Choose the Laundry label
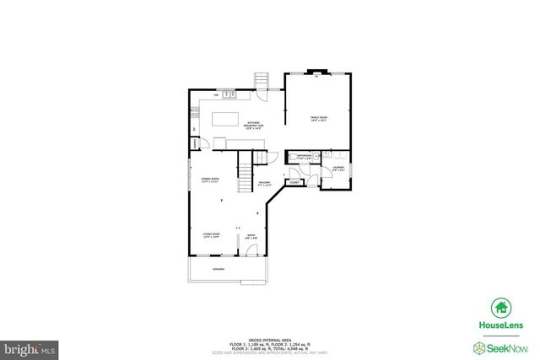[x=338, y=167]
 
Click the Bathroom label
[x=300, y=157]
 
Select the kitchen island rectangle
[x=224, y=119]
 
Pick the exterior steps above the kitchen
[x=262, y=80]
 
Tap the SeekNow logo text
[x=505, y=347]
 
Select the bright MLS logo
[x=30, y=347]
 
